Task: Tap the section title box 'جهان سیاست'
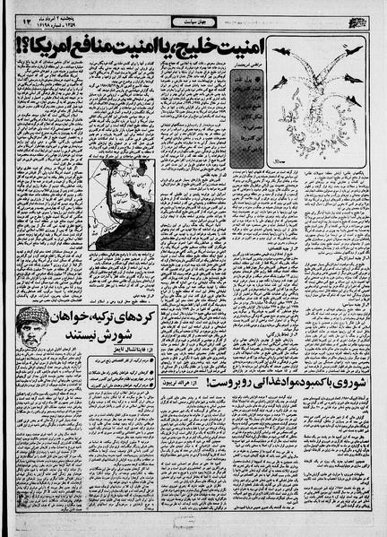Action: click(x=194, y=17)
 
